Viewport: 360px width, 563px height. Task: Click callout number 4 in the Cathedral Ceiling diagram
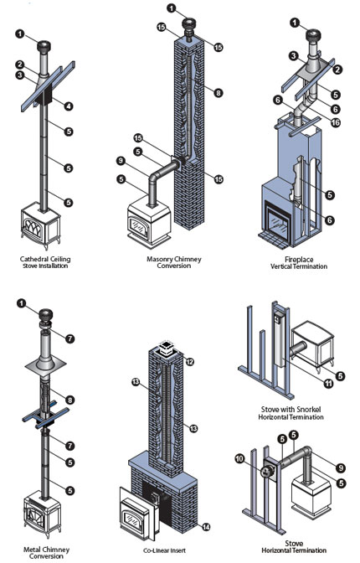point(68,106)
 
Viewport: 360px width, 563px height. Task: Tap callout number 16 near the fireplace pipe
point(335,122)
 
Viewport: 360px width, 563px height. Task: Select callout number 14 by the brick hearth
point(206,527)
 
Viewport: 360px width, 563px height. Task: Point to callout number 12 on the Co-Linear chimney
point(189,362)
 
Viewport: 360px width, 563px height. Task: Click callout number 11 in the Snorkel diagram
point(328,384)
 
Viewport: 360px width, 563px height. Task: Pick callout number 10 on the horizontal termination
point(239,458)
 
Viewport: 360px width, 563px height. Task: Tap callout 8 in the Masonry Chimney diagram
point(219,93)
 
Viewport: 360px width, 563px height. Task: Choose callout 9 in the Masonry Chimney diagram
point(121,161)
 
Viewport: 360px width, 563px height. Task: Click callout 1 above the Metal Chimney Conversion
point(22,304)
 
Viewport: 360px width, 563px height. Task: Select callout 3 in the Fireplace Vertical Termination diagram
point(294,55)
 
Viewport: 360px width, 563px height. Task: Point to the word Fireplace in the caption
point(299,259)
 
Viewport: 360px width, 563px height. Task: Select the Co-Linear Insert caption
point(164,550)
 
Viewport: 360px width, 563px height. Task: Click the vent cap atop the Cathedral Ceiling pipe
point(44,47)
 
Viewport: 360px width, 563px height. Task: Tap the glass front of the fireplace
point(276,222)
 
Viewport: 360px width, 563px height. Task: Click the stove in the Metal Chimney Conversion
point(42,514)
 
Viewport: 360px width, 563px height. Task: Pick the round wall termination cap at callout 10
point(267,471)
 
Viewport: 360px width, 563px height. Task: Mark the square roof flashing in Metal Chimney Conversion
point(45,366)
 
